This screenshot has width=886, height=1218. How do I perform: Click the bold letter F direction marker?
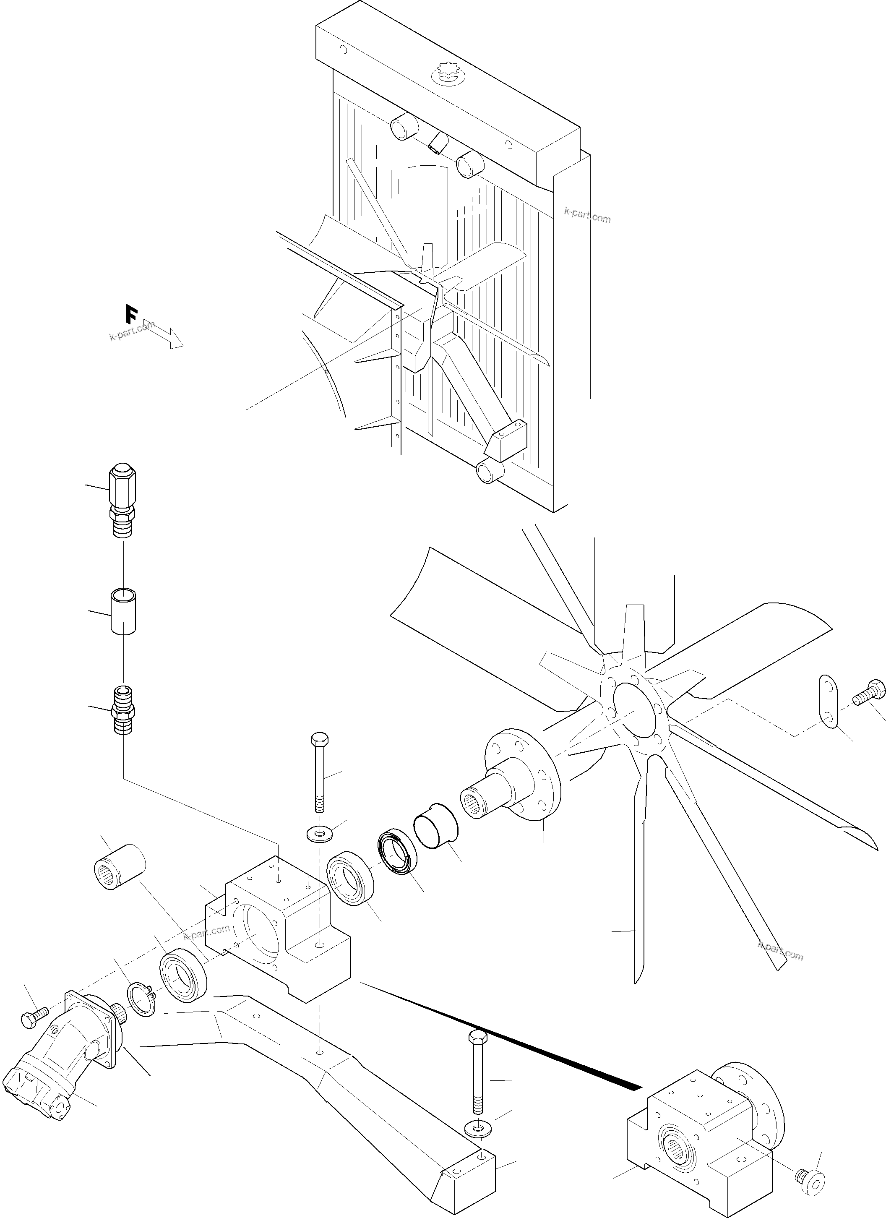click(x=131, y=314)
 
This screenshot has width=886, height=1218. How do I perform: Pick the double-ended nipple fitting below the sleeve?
click(x=123, y=711)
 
